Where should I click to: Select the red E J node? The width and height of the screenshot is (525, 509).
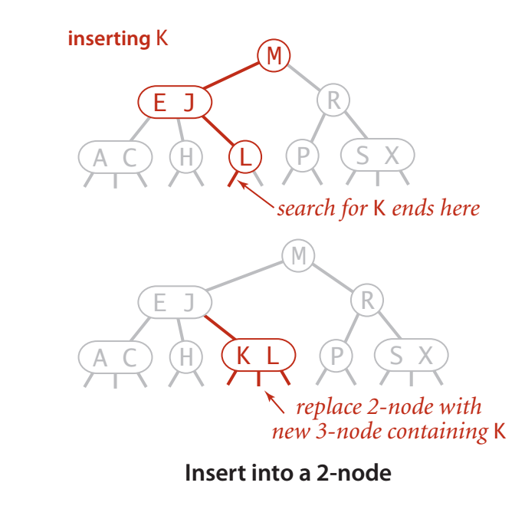174,102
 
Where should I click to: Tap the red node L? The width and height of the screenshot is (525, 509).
244,156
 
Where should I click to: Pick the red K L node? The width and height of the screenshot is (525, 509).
257,356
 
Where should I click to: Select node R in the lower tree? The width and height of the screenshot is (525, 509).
367,302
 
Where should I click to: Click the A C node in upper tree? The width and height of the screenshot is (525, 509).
115,157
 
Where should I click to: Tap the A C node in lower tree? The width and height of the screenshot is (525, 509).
115,356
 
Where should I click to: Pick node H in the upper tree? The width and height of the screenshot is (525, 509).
185,156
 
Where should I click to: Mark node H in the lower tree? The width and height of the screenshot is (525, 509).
185,356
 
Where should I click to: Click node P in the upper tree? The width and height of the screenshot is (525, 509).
303,156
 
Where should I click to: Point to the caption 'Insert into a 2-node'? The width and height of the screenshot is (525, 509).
287,473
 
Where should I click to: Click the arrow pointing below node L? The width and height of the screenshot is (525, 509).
257,195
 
